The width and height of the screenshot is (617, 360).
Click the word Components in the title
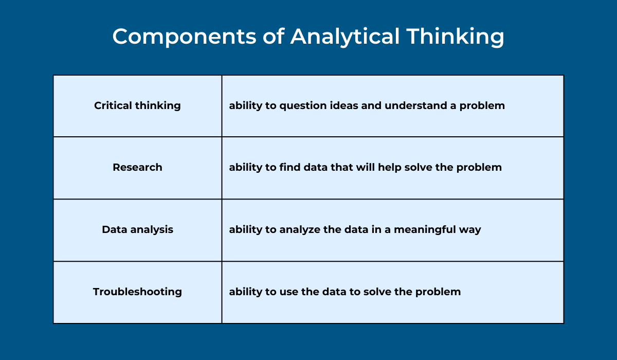pyautogui.click(x=184, y=37)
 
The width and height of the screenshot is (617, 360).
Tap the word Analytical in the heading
pyautogui.click(x=345, y=37)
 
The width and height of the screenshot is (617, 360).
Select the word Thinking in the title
pyautogui.click(x=456, y=37)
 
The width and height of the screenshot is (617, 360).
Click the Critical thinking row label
pyautogui.click(x=137, y=106)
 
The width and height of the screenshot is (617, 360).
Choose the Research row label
pyautogui.click(x=137, y=167)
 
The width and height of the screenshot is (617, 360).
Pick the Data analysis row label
pyautogui.click(x=137, y=230)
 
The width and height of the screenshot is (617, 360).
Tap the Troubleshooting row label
pyautogui.click(x=137, y=292)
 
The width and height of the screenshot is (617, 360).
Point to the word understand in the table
pyautogui.click(x=416, y=105)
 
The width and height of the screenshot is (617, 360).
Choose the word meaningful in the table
pyautogui.click(x=425, y=230)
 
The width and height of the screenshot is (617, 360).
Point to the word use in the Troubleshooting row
pyautogui.click(x=289, y=292)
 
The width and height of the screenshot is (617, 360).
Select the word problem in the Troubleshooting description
pyautogui.click(x=438, y=292)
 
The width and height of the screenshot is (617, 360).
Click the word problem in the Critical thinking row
pyautogui.click(x=482, y=106)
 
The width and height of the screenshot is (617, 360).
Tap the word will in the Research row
pyautogui.click(x=366, y=167)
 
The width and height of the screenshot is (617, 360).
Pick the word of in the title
pyautogui.click(x=273, y=37)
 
